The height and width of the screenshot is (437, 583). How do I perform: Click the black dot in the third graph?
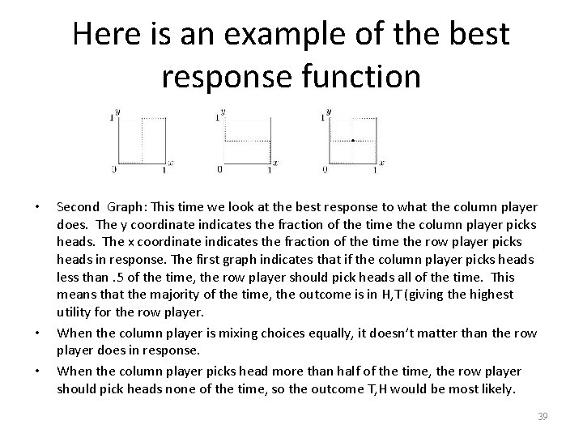353,140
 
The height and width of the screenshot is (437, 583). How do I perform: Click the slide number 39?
543,416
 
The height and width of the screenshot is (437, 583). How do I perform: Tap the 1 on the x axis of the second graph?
270,170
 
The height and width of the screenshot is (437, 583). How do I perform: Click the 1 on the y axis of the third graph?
323,118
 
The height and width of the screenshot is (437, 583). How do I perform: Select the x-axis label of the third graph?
381,163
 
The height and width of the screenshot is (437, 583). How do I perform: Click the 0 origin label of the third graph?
325,170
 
